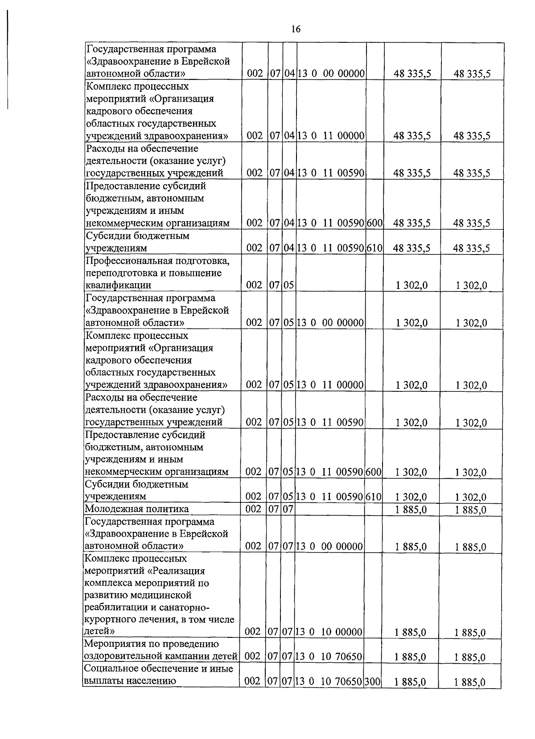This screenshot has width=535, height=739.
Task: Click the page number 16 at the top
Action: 296,29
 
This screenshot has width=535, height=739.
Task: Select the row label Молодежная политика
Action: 136,509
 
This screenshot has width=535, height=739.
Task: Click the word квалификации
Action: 118,285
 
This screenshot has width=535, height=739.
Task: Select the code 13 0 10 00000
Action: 329,632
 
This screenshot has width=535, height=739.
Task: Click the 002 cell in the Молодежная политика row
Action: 253,509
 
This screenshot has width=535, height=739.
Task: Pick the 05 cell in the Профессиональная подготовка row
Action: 289,285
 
